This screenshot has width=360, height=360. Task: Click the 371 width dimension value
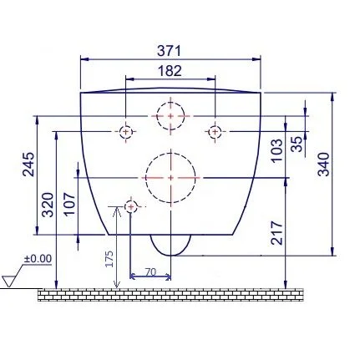(170, 51)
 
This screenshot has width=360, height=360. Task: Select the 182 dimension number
(170, 71)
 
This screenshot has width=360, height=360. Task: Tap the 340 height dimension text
(324, 165)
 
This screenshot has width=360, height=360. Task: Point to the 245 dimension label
(28, 165)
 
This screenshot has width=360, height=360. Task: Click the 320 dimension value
(48, 205)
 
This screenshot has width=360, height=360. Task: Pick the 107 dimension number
(69, 204)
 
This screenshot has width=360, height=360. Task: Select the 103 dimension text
(276, 150)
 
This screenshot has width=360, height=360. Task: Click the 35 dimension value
(297, 144)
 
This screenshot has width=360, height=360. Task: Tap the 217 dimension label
(277, 233)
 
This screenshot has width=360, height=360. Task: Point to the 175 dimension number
(109, 259)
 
